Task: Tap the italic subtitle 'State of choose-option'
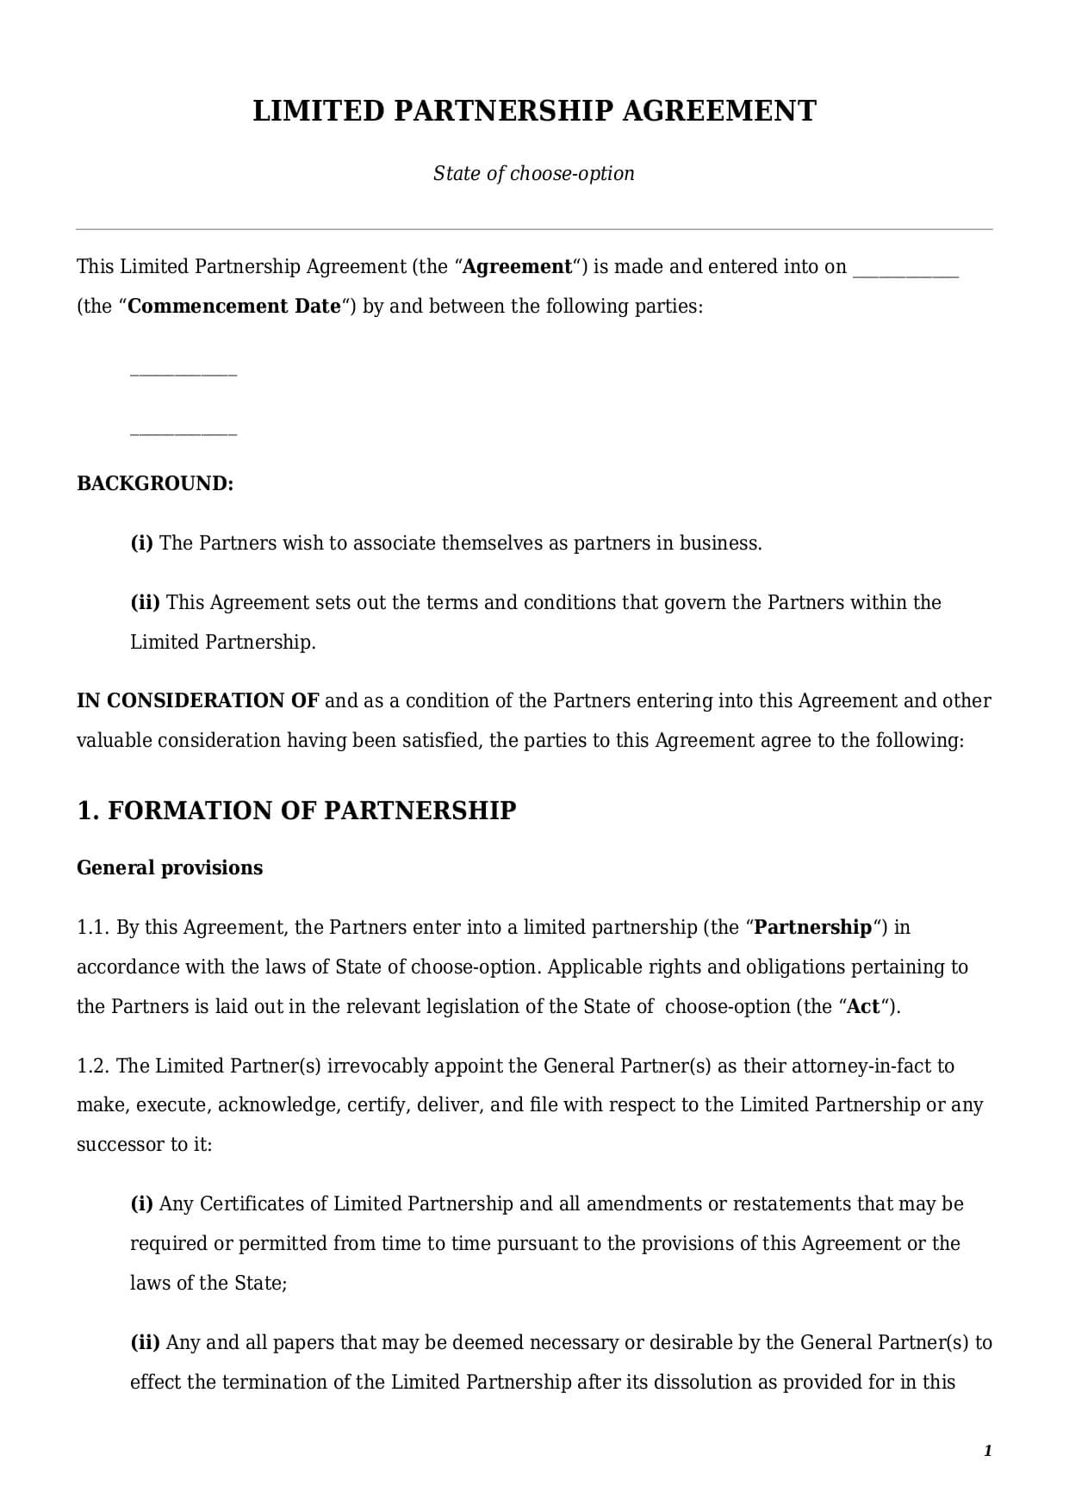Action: [x=533, y=173]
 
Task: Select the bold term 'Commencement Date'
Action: [x=234, y=307]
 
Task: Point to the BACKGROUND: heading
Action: [x=155, y=483]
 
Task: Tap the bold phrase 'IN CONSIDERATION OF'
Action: [x=198, y=700]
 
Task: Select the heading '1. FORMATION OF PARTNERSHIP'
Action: [x=296, y=811]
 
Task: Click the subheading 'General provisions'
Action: [x=170, y=867]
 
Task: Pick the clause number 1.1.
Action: [x=93, y=928]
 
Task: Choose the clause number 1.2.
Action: [x=93, y=1066]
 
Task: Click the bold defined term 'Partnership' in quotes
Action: [x=813, y=928]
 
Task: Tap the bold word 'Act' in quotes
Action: [x=863, y=1007]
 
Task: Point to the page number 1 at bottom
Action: [x=987, y=1452]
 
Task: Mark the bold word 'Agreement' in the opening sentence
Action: [x=517, y=267]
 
